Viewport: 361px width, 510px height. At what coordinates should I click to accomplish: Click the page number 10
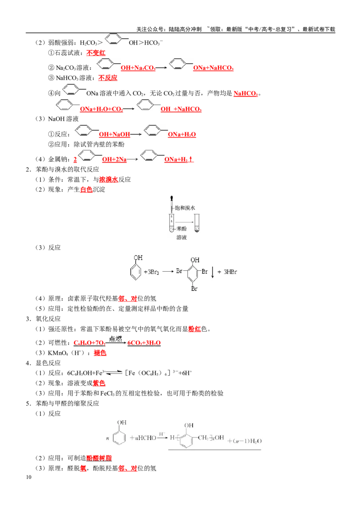click(29, 477)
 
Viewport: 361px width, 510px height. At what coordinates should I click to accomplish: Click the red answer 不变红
click(96, 53)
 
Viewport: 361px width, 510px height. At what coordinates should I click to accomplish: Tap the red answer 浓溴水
click(108, 180)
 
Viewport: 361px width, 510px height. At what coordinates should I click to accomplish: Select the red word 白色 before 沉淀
click(86, 190)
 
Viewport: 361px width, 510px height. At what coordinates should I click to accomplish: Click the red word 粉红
click(194, 329)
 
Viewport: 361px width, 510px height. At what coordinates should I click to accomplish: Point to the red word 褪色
click(100, 353)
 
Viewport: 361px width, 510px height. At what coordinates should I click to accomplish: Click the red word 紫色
click(99, 383)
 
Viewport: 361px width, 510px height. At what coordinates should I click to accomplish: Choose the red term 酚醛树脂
click(99, 458)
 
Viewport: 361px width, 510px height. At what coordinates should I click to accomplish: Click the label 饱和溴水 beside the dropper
click(185, 208)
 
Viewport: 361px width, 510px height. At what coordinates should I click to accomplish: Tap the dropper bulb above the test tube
click(171, 198)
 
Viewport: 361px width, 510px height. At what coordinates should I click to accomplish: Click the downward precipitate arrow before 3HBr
click(213, 272)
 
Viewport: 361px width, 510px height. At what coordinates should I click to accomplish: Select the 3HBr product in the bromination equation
click(230, 272)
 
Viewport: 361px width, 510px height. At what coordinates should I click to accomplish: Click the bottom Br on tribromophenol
click(194, 288)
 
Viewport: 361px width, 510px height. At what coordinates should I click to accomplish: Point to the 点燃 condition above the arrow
click(116, 339)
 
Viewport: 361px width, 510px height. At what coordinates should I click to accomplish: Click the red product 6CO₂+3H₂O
click(144, 343)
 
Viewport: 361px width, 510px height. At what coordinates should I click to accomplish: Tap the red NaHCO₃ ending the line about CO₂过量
click(245, 94)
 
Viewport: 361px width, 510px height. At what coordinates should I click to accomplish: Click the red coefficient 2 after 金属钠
click(75, 159)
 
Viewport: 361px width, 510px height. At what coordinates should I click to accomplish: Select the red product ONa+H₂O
click(182, 134)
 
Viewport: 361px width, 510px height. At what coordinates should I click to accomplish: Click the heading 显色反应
click(48, 363)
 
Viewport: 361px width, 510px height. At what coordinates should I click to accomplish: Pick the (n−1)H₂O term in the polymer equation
click(245, 441)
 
